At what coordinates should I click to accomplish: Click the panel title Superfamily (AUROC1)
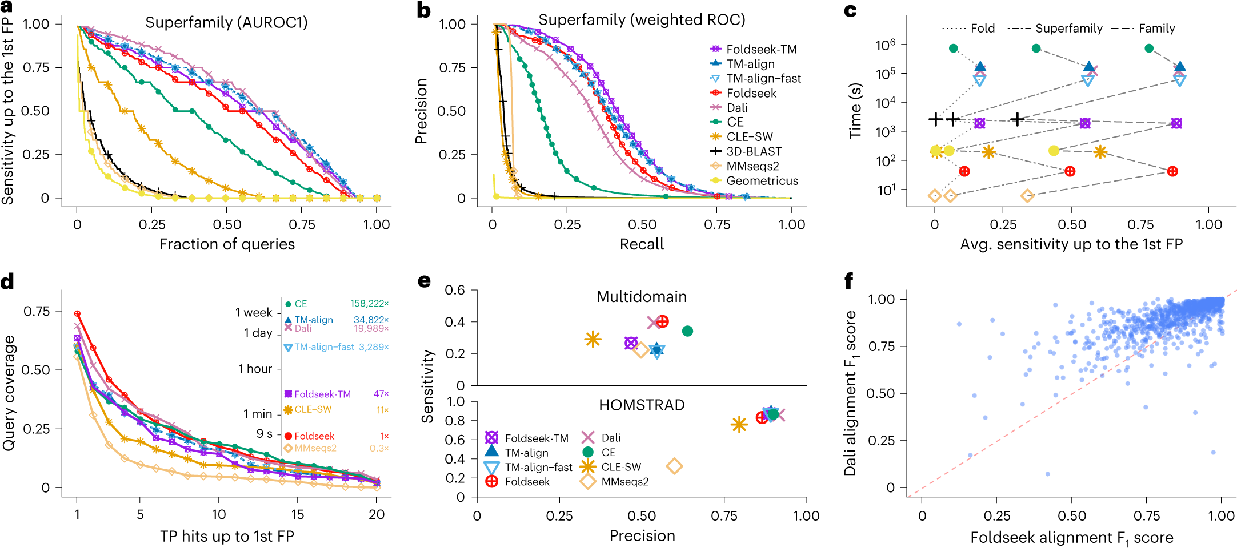[226, 23]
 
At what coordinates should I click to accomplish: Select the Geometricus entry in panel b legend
[762, 181]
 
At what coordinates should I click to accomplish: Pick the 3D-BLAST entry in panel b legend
[754, 151]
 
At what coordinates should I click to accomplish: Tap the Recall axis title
[642, 244]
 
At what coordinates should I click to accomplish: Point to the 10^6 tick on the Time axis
[885, 45]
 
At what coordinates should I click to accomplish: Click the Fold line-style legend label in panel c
[982, 29]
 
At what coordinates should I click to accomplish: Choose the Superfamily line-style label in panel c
[1068, 29]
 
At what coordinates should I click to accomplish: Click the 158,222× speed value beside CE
[369, 304]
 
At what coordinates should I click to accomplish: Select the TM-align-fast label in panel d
[324, 347]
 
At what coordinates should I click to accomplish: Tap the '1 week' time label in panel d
[254, 313]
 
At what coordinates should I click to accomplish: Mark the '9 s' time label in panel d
[264, 434]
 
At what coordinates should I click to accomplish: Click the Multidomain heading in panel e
[642, 297]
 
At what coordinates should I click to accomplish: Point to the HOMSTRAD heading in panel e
[642, 405]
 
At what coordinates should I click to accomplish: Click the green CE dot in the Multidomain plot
[687, 331]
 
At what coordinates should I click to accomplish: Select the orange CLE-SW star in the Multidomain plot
[593, 339]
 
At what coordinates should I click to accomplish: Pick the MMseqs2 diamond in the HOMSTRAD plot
[674, 466]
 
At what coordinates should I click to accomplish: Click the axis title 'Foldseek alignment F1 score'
[1071, 538]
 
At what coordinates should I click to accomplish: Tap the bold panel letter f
[849, 281]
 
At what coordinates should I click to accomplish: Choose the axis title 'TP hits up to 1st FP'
[227, 537]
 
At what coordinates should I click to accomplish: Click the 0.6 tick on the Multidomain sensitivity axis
[454, 291]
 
